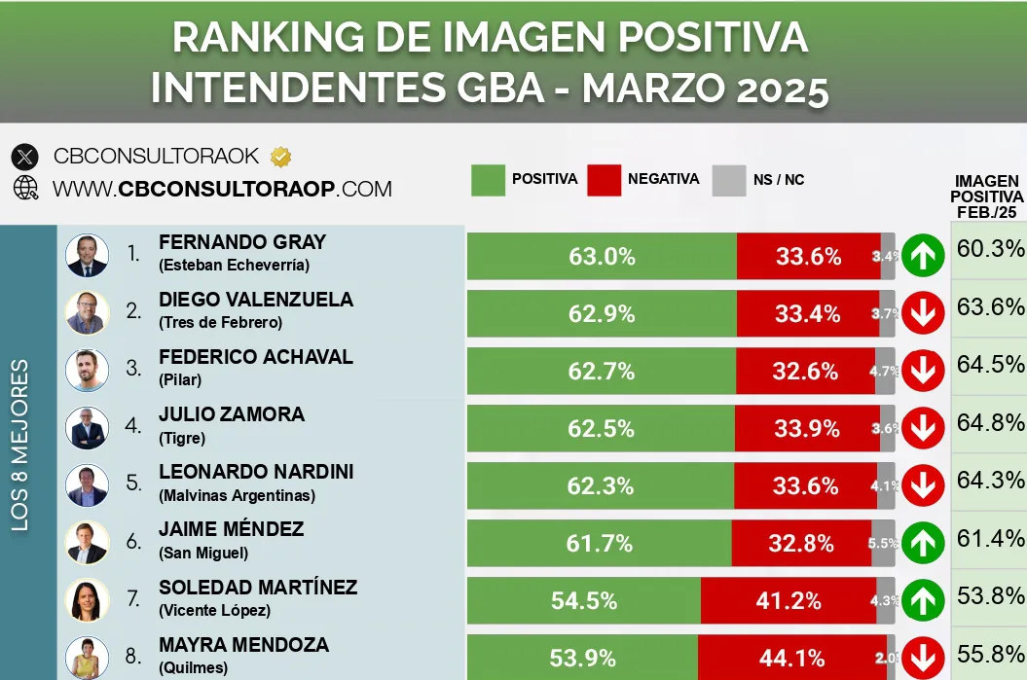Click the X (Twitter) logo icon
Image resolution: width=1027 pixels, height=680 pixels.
click(25, 157)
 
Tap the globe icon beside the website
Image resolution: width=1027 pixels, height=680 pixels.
click(25, 188)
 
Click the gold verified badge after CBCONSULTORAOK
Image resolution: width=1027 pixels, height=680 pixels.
click(280, 156)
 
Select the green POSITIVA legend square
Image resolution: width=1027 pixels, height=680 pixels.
click(488, 180)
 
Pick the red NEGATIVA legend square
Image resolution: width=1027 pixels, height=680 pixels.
click(604, 180)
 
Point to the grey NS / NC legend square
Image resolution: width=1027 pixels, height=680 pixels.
click(728, 180)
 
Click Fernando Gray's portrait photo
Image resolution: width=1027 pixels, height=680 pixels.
click(87, 256)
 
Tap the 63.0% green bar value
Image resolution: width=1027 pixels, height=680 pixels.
click(602, 257)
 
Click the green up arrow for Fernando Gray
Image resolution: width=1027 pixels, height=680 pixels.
click(922, 257)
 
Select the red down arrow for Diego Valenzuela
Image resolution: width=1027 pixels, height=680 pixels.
click(922, 314)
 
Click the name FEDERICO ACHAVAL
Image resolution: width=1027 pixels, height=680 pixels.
click(255, 357)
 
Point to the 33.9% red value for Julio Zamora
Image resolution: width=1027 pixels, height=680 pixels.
click(808, 429)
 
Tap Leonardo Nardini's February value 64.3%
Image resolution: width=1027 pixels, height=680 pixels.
click(990, 480)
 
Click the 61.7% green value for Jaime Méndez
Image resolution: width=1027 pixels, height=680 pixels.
click(600, 544)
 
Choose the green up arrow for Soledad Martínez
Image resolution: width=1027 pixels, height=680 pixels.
click(922, 600)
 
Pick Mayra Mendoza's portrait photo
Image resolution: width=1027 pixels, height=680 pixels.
click(87, 658)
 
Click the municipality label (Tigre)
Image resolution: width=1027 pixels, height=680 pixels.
click(182, 438)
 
